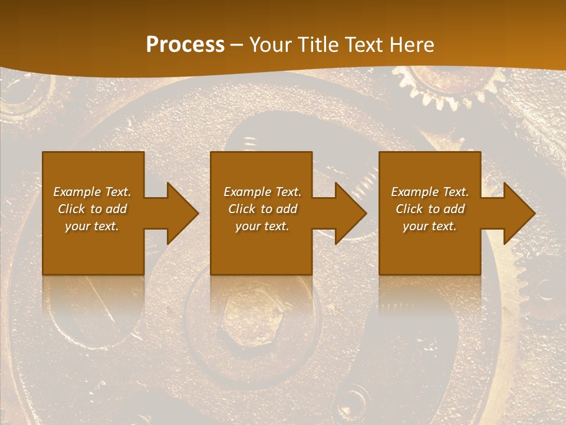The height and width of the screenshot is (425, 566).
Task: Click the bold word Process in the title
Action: [185, 45]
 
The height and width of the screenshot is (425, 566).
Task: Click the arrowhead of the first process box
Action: [182, 213]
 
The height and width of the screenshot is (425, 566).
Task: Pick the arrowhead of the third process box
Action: [519, 213]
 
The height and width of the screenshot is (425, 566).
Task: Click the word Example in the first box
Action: [77, 192]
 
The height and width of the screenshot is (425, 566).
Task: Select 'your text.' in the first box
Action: [92, 226]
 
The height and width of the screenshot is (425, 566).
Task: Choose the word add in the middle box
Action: [286, 209]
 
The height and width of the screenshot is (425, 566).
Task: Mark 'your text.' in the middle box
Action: [262, 226]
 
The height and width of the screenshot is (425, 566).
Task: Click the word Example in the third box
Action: [415, 192]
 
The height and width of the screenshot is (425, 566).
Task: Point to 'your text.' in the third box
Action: [430, 226]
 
